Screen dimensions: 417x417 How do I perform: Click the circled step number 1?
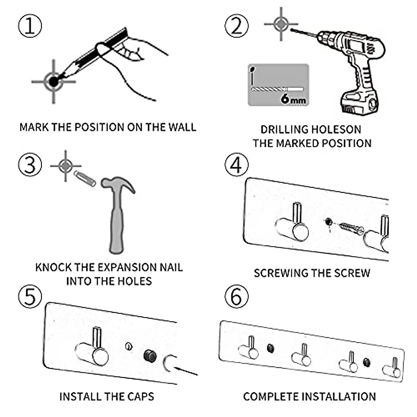(x=30, y=26)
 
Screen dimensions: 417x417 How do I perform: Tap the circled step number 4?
(x=237, y=165)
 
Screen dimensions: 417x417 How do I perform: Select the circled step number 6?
(x=237, y=297)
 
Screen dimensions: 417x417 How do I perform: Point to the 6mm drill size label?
(x=293, y=99)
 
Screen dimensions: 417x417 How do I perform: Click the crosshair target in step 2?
(x=281, y=24)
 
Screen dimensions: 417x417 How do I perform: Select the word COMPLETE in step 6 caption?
(x=270, y=396)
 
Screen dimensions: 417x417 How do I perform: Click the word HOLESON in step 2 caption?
(x=335, y=130)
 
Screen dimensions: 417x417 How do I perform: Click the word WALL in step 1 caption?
(x=182, y=127)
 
